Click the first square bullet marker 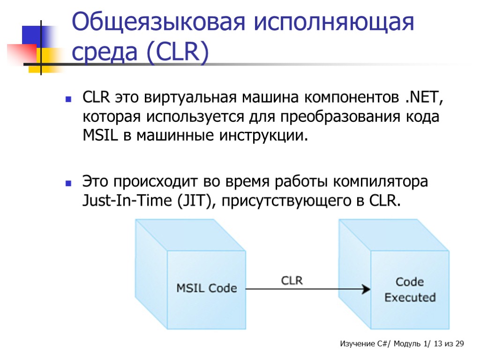pos(68,99)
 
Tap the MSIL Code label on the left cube pos(206,288)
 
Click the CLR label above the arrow pos(292,281)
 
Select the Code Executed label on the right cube pos(410,289)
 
